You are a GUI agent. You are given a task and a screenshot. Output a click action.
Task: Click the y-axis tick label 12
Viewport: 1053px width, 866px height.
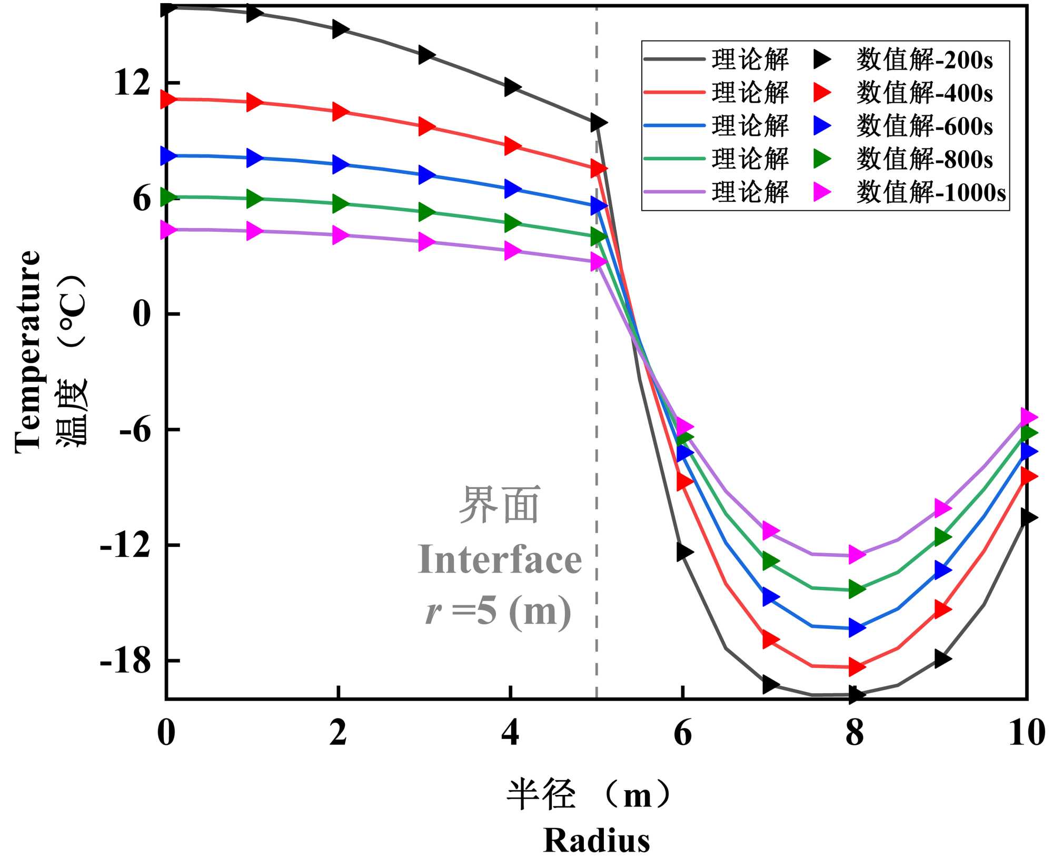pos(132,83)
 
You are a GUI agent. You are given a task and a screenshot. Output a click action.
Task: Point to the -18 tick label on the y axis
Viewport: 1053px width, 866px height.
pos(125,661)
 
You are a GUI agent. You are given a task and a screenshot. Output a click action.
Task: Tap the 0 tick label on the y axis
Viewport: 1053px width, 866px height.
pos(142,314)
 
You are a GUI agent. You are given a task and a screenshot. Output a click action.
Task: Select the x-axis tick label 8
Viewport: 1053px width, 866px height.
pos(855,733)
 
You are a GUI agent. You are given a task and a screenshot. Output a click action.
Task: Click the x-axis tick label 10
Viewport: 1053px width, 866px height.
pos(1026,733)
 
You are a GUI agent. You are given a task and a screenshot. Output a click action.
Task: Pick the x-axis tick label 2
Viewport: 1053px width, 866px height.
pos(338,733)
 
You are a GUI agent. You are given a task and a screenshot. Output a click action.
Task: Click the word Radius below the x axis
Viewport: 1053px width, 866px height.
pos(597,840)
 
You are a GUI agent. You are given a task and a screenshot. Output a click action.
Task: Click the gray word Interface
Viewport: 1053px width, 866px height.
pos(500,559)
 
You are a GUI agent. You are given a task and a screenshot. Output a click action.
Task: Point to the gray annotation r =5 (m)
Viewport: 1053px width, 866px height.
pos(498,611)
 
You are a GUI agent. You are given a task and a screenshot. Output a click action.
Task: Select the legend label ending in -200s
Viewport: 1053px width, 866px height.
pos(924,60)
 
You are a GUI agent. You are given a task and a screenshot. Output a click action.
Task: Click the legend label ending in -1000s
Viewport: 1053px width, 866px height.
pos(930,192)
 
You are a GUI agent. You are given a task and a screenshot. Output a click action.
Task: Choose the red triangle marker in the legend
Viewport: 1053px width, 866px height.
pos(821,93)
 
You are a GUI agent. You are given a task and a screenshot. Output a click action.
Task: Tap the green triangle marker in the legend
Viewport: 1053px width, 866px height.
pos(821,159)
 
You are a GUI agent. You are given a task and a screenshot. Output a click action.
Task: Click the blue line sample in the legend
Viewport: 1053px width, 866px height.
pos(674,125)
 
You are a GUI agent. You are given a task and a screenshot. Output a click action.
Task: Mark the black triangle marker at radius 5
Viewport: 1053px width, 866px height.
pos(598,123)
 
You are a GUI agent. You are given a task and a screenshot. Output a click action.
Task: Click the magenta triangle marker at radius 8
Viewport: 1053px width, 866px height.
pos(856,554)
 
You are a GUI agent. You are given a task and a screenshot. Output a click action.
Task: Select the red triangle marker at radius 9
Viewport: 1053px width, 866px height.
pos(942,609)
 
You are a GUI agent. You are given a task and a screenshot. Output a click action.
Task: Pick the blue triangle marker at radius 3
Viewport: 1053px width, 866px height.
pos(426,174)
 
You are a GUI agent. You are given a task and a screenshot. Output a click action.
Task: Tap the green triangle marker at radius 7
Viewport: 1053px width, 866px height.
pos(770,561)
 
